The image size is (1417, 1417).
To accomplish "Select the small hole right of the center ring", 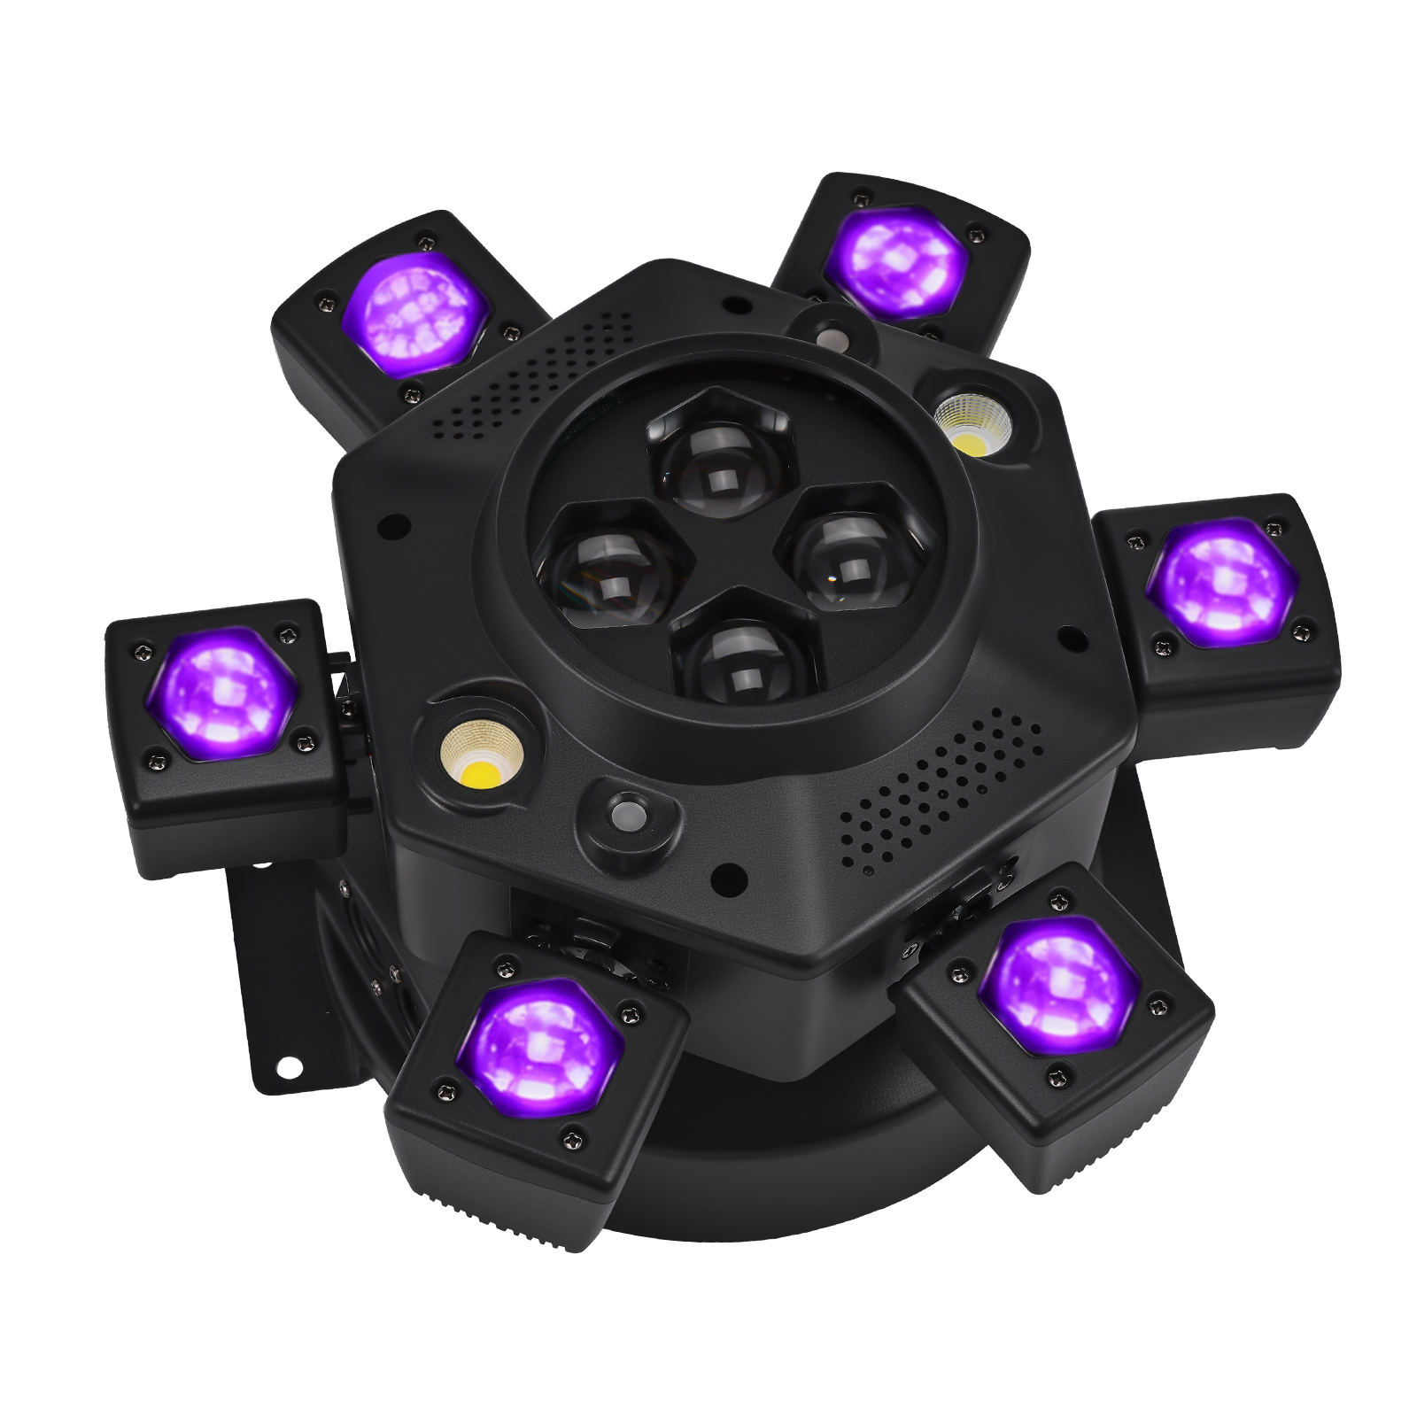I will pos(1069,635).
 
